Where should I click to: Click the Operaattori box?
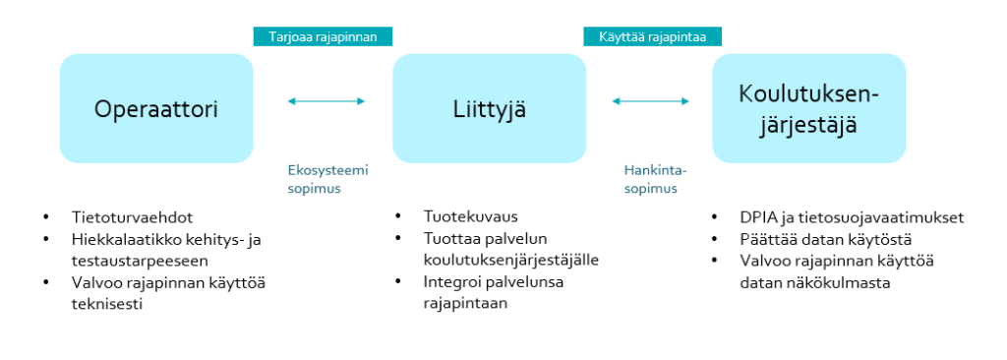tap(155, 108)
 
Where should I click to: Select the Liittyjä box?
tap(489, 108)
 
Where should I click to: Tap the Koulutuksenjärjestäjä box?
tap(808, 108)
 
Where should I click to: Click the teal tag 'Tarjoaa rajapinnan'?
tap(323, 36)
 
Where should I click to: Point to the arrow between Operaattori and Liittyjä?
tap(326, 100)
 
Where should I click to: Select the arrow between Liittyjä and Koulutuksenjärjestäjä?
tap(650, 100)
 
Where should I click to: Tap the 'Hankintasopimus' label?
tap(650, 179)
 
